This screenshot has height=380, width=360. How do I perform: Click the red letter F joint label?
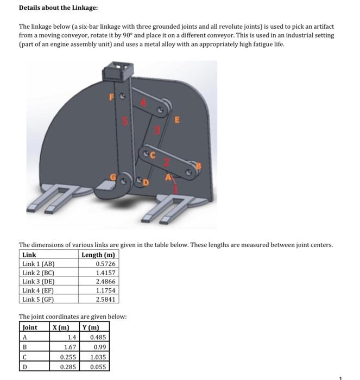(x=112, y=98)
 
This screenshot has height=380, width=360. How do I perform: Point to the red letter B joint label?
(x=198, y=165)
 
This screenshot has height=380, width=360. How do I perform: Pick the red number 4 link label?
(x=144, y=102)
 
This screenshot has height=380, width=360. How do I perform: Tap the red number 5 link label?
(x=124, y=123)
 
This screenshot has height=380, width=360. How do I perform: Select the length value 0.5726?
(x=105, y=264)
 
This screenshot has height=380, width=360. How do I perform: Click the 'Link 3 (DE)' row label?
(x=39, y=282)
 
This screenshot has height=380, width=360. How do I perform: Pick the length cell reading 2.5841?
(x=105, y=299)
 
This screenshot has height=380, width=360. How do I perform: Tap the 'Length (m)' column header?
(x=98, y=255)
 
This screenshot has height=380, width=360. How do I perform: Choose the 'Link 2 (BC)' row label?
(x=39, y=273)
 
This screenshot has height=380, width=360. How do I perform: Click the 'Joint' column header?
(x=30, y=327)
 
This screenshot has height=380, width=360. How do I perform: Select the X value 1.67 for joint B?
(x=70, y=346)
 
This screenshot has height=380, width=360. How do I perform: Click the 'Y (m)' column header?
(x=90, y=327)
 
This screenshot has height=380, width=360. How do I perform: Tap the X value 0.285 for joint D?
(x=67, y=367)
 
